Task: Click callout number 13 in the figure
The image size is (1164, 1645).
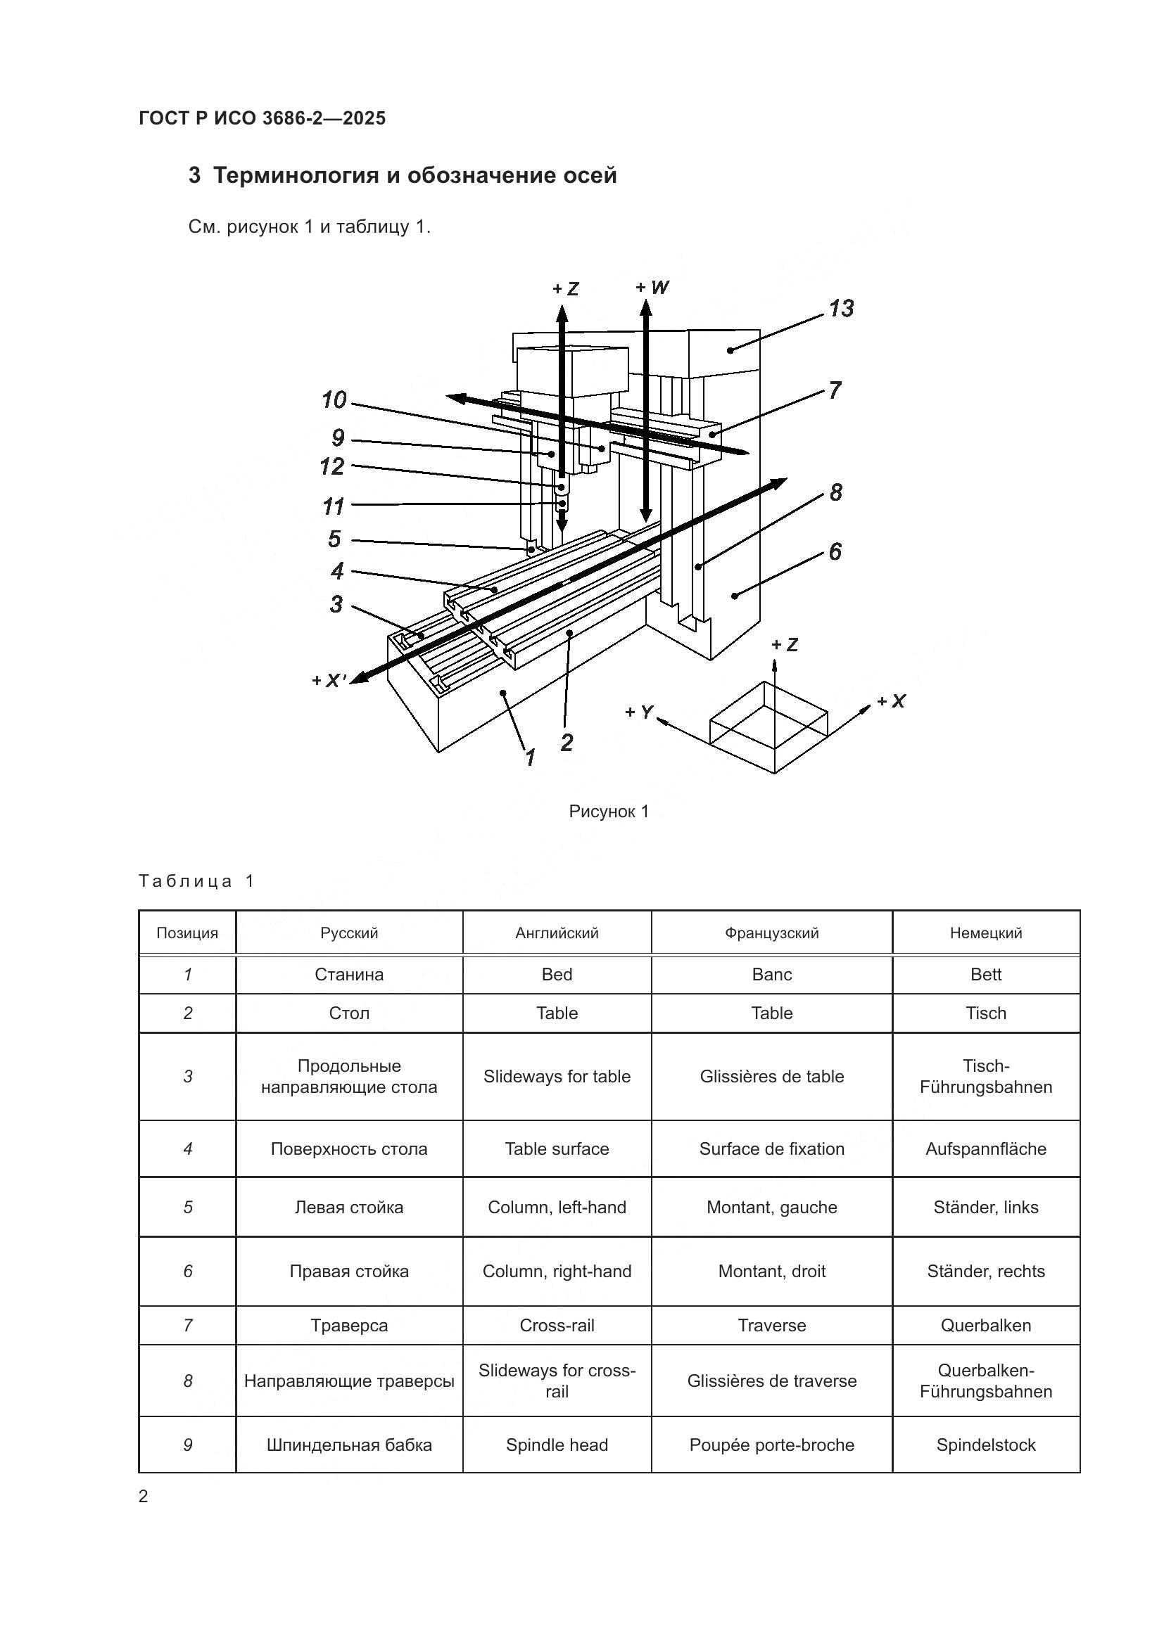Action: (x=842, y=309)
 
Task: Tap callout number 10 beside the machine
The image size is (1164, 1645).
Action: (x=334, y=399)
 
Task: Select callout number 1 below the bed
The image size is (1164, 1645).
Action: (x=531, y=757)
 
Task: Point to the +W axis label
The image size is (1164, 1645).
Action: (x=652, y=288)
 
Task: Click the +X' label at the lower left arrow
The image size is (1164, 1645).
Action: (x=329, y=681)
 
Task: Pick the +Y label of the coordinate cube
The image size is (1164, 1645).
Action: (x=638, y=712)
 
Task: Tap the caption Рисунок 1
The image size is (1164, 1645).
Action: (x=609, y=811)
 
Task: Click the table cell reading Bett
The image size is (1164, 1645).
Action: (x=985, y=974)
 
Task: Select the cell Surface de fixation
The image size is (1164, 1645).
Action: (x=771, y=1149)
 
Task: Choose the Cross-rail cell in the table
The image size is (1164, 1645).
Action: (x=557, y=1326)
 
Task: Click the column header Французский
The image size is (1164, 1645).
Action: (x=771, y=933)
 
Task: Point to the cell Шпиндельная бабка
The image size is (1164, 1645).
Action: (x=349, y=1445)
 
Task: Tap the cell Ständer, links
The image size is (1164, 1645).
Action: (x=985, y=1208)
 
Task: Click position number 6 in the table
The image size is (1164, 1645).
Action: (x=188, y=1271)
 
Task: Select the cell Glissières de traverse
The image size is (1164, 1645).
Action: (x=771, y=1381)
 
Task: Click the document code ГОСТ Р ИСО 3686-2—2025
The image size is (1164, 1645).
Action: (x=262, y=119)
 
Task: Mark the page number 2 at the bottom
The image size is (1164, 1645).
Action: (x=144, y=1497)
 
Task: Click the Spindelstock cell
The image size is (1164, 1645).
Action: (x=985, y=1445)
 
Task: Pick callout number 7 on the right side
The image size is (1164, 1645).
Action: (x=835, y=390)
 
